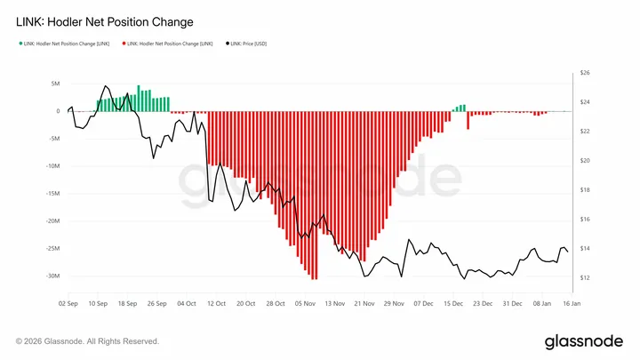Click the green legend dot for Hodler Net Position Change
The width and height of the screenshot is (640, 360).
[x=19, y=44]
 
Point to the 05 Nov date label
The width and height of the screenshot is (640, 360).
[x=304, y=303]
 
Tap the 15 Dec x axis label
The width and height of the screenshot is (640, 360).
[x=453, y=303]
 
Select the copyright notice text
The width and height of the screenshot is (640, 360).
[x=87, y=341]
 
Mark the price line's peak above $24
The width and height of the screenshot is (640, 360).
[x=106, y=86]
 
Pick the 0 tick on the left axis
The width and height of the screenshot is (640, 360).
[x=57, y=111]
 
